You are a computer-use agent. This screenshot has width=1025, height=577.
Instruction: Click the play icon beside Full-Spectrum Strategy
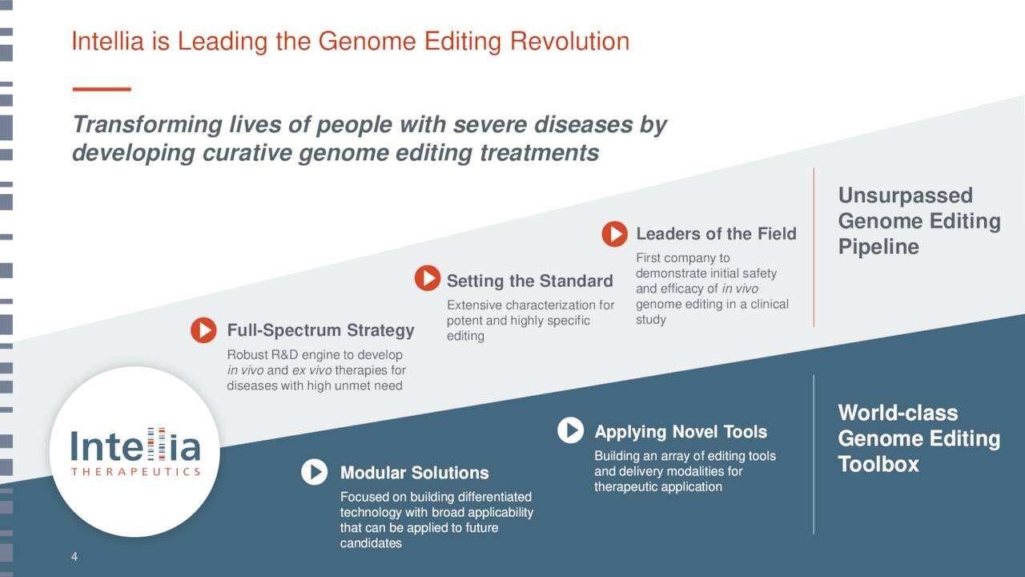pyautogui.click(x=203, y=329)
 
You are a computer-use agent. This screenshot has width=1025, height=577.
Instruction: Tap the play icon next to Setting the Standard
pyautogui.click(x=428, y=278)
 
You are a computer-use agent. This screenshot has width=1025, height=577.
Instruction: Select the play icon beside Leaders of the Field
pyautogui.click(x=614, y=234)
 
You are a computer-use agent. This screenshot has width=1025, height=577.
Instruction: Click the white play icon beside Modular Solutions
pyautogui.click(x=315, y=472)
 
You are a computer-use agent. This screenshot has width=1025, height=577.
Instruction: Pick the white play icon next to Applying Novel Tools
pyautogui.click(x=571, y=430)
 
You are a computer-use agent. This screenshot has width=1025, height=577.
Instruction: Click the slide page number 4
pyautogui.click(x=74, y=557)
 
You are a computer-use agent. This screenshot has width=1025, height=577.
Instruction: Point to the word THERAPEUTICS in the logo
pyautogui.click(x=135, y=472)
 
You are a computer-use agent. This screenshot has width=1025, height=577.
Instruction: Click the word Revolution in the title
pyautogui.click(x=569, y=41)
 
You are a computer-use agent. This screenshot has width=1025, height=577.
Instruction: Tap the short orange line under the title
pyautogui.click(x=102, y=89)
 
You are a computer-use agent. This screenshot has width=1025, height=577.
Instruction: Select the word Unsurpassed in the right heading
pyautogui.click(x=906, y=196)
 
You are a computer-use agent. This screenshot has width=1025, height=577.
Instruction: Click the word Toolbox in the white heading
pyautogui.click(x=878, y=464)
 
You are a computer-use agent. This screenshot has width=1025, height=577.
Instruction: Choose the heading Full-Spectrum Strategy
pyautogui.click(x=321, y=330)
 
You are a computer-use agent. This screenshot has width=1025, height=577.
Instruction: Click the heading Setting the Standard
pyautogui.click(x=530, y=280)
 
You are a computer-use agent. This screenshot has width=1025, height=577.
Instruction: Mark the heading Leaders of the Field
pyautogui.click(x=716, y=233)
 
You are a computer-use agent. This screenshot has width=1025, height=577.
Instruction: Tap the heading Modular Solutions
pyautogui.click(x=415, y=473)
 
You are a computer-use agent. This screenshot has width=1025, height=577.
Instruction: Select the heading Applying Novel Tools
pyautogui.click(x=681, y=432)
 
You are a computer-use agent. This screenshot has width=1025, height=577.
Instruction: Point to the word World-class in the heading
pyautogui.click(x=898, y=413)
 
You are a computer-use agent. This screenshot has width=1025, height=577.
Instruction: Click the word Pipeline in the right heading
pyautogui.click(x=878, y=248)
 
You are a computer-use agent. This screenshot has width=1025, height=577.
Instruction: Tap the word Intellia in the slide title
pyautogui.click(x=108, y=41)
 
